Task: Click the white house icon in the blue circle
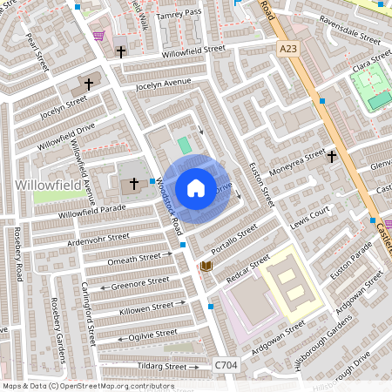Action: point(196,187)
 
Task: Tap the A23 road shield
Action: point(287,50)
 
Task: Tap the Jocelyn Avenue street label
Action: point(161,84)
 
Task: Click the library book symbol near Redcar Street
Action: point(206,266)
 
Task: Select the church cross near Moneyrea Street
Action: point(332,157)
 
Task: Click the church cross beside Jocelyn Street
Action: point(89,84)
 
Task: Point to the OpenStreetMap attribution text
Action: point(88,386)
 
